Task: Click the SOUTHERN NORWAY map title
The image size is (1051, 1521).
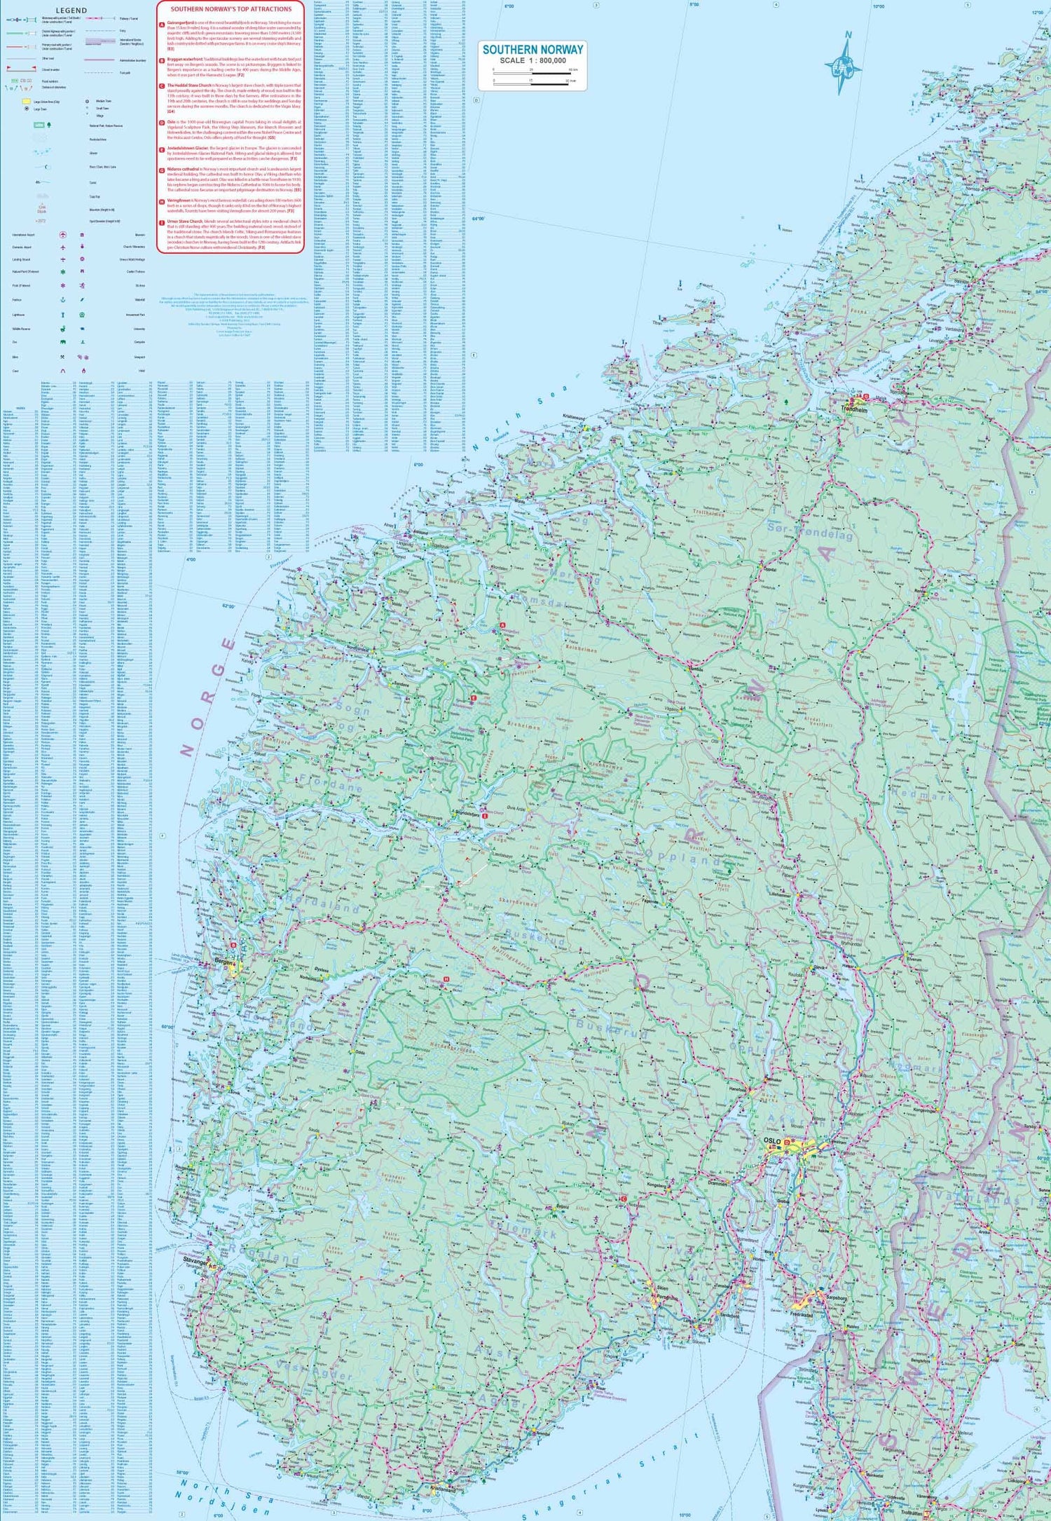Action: coord(533,50)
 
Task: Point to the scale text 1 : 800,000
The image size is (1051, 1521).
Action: coord(533,60)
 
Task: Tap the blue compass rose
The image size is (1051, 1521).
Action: coord(844,64)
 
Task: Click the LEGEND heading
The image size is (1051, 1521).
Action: coord(71,11)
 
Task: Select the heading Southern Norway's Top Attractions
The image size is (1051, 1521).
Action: coord(231,9)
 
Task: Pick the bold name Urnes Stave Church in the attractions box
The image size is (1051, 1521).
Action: coord(184,221)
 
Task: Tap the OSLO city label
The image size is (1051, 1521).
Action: coord(771,1142)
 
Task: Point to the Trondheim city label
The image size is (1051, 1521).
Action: coord(854,409)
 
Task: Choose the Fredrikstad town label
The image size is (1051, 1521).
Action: coord(802,1315)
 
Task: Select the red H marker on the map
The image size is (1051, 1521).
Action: coord(446,979)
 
